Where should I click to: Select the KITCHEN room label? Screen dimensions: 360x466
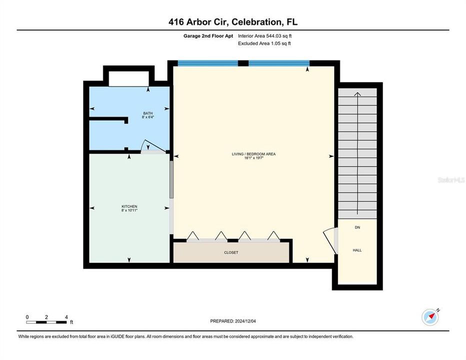click(129, 206)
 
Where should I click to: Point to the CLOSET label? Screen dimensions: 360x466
click(231, 252)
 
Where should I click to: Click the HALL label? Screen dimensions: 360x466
click(357, 250)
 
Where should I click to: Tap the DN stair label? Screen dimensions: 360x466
click(357, 227)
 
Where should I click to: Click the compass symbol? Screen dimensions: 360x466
click(430, 316)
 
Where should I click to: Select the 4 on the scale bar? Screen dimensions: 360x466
click(66, 317)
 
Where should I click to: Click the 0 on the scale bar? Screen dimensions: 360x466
click(27, 317)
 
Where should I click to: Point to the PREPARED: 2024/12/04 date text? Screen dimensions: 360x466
click(233, 321)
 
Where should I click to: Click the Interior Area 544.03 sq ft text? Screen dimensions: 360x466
click(264, 36)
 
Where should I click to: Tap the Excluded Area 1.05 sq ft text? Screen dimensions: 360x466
click(264, 43)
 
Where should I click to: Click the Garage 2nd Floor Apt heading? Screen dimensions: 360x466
click(208, 36)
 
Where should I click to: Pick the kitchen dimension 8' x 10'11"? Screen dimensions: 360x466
click(129, 211)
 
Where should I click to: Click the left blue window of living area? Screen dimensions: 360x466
click(208, 63)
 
